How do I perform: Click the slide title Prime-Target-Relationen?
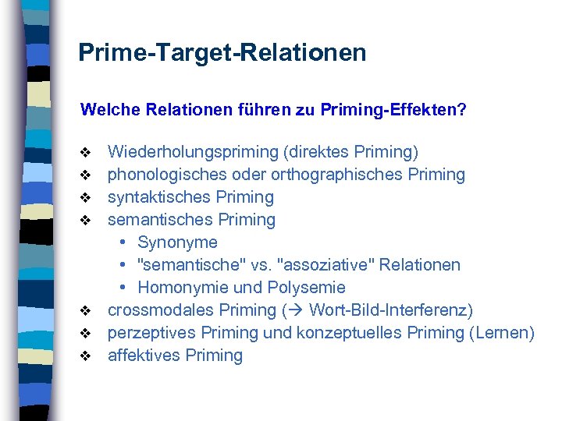coord(222,53)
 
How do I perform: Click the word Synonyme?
coord(177,242)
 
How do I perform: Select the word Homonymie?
coord(181,288)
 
